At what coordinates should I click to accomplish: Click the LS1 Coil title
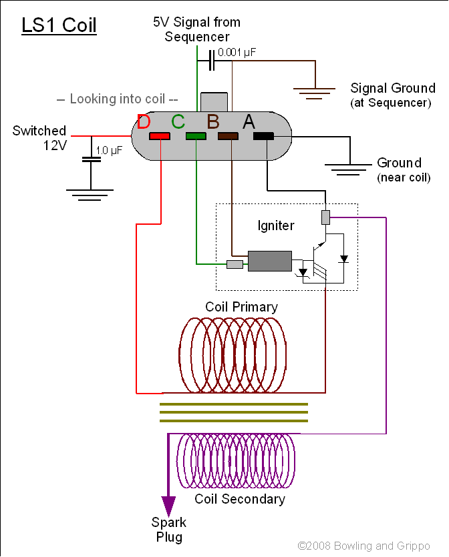tap(59, 25)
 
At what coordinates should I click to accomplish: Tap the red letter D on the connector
tap(144, 122)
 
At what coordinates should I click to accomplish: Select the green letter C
tap(178, 122)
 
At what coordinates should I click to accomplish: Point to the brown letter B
tap(213, 122)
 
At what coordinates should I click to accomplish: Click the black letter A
tap(249, 122)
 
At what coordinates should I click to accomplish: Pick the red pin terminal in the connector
tap(160, 136)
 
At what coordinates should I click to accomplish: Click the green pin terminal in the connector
tap(196, 136)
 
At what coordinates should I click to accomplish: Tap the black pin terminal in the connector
tap(264, 136)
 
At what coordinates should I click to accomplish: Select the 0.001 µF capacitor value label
tap(237, 51)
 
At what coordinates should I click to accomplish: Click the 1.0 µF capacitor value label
tap(108, 151)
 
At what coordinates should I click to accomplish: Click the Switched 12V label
tap(39, 138)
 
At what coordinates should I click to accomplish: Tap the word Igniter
tap(276, 225)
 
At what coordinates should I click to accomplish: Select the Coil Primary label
tap(241, 307)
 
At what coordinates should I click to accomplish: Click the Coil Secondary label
tap(240, 499)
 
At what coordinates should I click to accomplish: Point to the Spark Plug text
tap(168, 529)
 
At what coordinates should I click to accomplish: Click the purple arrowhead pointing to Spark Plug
tap(168, 503)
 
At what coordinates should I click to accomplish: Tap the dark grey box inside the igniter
tap(269, 261)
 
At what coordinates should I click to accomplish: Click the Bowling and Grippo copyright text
tap(364, 546)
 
